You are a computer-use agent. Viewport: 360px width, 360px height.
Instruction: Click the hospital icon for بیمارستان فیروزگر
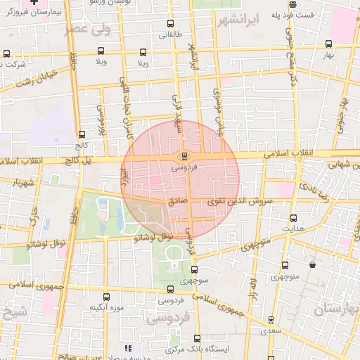tap(44, 4)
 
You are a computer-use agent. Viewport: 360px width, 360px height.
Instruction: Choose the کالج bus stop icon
tap(82, 134)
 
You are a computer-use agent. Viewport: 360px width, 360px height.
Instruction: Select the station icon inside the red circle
tap(184, 155)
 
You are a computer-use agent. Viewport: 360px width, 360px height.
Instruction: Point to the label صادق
tap(178, 200)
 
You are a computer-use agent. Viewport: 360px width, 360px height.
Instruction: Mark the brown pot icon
tap(312, 265)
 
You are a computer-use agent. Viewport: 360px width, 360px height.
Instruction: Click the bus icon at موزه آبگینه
tap(107, 297)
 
